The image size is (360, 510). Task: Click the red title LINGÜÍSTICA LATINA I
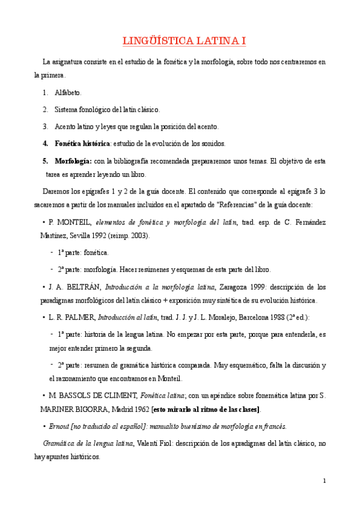[x=180, y=41]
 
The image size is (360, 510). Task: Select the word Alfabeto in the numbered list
[x=68, y=93]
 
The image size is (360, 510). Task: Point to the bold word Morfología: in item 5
[x=73, y=161]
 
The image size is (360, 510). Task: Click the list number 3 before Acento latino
[x=45, y=127]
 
